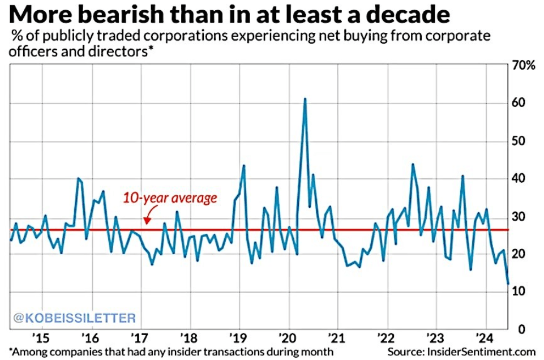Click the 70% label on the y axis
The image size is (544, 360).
pyautogui.click(x=524, y=65)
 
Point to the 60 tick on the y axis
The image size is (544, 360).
pyautogui.click(x=519, y=102)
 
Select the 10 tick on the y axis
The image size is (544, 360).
pyautogui.click(x=519, y=291)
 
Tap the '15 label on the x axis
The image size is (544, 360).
pyautogui.click(x=41, y=337)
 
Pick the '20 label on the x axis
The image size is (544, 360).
pyautogui.click(x=287, y=337)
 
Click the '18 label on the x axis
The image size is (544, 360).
pyautogui.click(x=189, y=337)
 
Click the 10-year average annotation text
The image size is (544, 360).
pyautogui.click(x=170, y=198)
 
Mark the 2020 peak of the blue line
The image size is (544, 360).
pyautogui.click(x=305, y=99)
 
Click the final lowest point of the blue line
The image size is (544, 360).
pyautogui.click(x=508, y=284)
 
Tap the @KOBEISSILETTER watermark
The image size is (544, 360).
pyautogui.click(x=75, y=318)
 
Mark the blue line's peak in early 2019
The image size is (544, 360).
pyautogui.click(x=244, y=166)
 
